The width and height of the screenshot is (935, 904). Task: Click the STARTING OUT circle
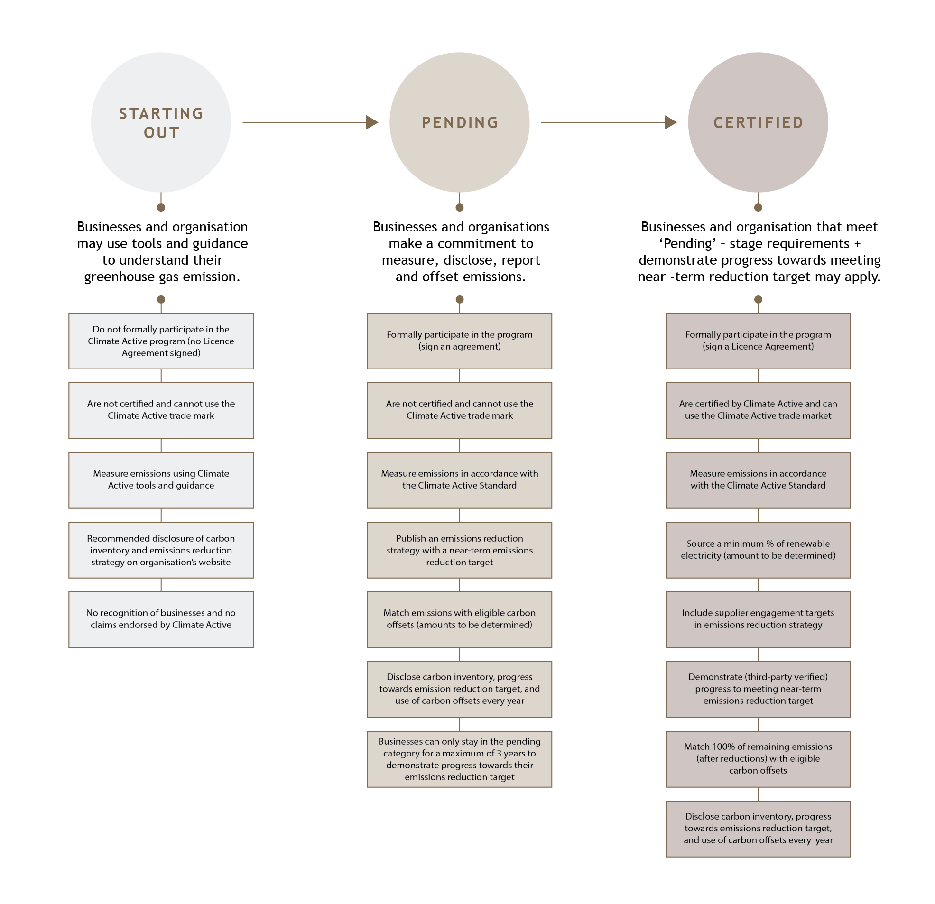(161, 122)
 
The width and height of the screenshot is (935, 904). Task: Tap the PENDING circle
(459, 122)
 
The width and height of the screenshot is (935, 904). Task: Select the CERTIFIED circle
(758, 122)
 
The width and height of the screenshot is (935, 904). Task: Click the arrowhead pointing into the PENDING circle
(372, 122)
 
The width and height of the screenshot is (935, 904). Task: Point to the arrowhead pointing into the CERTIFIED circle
(671, 122)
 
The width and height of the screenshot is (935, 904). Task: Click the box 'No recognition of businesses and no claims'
(161, 620)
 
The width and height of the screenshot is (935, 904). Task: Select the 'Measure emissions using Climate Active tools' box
(161, 480)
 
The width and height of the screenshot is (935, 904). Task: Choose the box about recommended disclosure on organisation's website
(161, 550)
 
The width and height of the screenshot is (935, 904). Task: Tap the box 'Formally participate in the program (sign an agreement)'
(459, 341)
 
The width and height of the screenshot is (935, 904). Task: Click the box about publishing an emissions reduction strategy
(459, 550)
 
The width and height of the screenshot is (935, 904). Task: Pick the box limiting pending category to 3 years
(459, 759)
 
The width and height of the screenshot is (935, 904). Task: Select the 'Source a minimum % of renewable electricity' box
(758, 550)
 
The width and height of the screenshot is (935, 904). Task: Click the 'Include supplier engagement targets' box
(758, 620)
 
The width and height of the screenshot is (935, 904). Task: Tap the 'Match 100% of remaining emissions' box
(758, 759)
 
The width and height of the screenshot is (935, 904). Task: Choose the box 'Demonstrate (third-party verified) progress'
(758, 689)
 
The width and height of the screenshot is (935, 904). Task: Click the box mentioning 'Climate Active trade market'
(758, 410)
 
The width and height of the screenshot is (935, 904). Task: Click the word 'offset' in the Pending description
(444, 277)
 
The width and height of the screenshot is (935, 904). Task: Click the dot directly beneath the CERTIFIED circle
(758, 208)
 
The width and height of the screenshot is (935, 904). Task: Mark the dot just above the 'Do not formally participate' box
(161, 300)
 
